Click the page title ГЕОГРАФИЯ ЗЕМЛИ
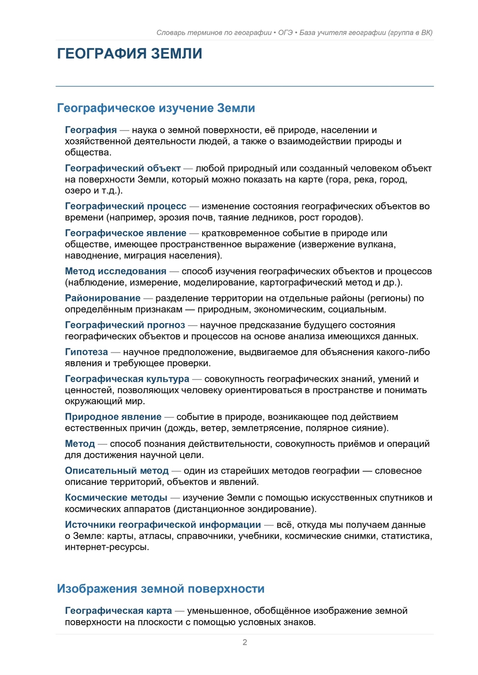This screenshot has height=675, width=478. pos(129,54)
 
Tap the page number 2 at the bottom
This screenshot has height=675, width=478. pos(245,642)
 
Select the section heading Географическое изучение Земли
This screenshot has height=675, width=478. pos(156,108)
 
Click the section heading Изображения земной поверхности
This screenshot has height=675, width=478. pos(160,589)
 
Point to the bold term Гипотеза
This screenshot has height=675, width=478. pos(86,352)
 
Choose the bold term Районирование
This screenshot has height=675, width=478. pos(103,298)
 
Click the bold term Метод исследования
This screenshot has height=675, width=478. pos(116,271)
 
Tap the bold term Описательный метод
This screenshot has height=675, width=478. pos(117,471)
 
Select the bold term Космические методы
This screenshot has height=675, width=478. pos(116,498)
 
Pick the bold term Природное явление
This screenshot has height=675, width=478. pos(113,417)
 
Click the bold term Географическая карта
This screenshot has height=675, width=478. pos(118,611)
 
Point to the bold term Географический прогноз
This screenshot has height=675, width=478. pos(125,325)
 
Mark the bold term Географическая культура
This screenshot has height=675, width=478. pos(127,379)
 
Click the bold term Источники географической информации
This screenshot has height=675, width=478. pos(163,525)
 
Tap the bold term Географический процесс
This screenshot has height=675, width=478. pos(126,206)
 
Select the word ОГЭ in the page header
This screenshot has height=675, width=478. pos(285,32)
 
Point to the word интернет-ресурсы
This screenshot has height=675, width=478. pos(106,547)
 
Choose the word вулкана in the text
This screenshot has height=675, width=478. pos(378,244)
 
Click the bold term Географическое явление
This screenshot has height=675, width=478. pos(126,233)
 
